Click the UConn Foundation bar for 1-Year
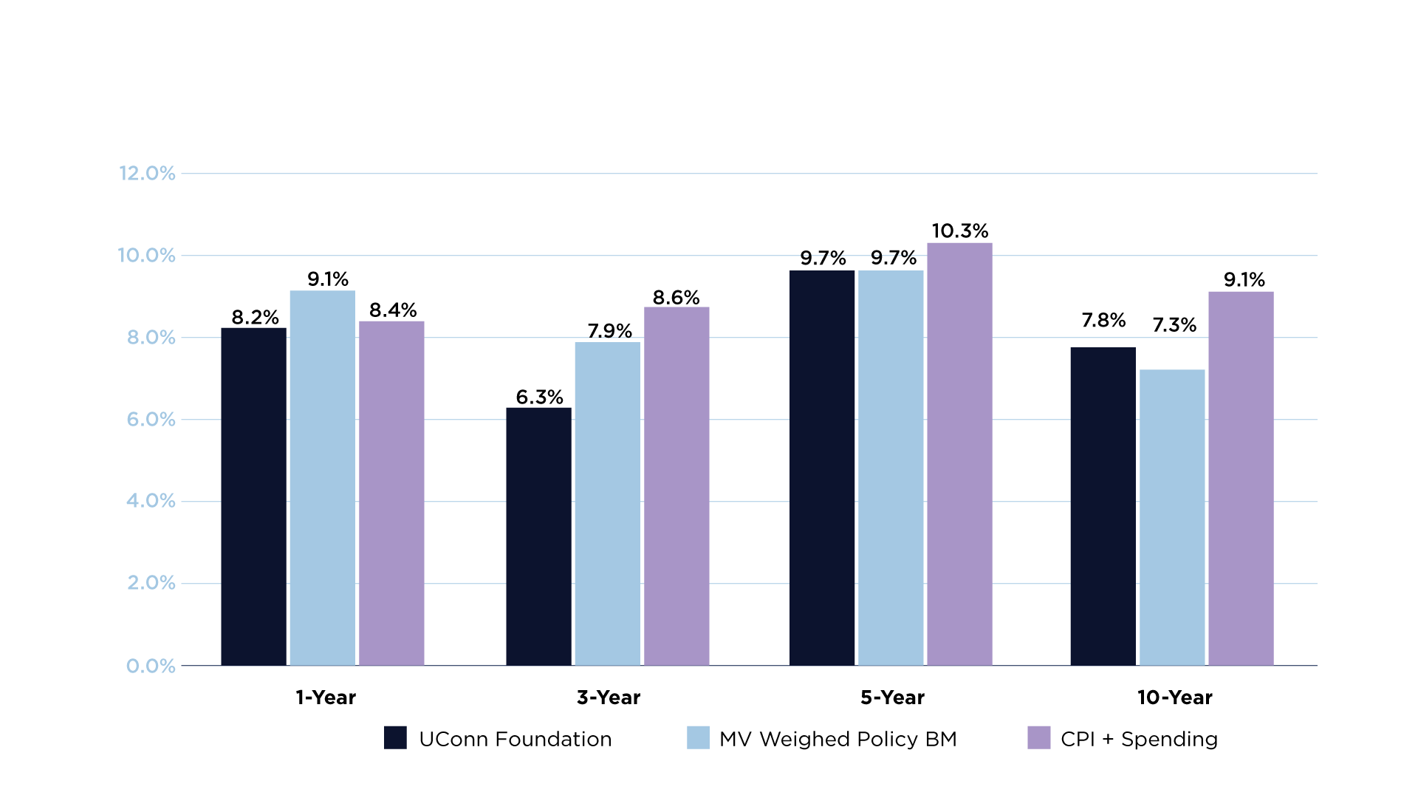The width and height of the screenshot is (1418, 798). (253, 497)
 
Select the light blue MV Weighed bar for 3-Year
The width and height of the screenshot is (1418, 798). (607, 503)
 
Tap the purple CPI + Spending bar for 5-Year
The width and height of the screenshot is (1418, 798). (959, 454)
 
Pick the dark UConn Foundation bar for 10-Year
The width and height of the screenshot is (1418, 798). (1103, 506)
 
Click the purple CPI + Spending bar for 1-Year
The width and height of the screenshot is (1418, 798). (391, 493)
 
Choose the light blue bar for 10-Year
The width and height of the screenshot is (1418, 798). (1172, 517)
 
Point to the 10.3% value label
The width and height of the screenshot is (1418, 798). (959, 231)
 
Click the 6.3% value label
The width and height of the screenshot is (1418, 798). (539, 398)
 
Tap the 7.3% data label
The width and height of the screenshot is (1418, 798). (1174, 325)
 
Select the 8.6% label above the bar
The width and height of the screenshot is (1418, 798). (676, 298)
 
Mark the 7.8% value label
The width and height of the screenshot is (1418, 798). (1103, 321)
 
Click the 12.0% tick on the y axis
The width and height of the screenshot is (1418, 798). (147, 174)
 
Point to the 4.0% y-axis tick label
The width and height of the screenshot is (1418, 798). (151, 501)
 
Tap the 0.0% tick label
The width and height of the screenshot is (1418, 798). (151, 666)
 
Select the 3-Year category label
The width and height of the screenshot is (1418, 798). (609, 698)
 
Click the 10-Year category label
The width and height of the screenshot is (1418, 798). (1174, 698)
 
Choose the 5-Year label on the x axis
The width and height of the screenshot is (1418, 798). (892, 698)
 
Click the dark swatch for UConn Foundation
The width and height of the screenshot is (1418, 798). (395, 737)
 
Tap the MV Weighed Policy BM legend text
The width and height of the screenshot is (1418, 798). (838, 739)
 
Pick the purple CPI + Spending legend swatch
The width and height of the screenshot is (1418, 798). (1038, 737)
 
